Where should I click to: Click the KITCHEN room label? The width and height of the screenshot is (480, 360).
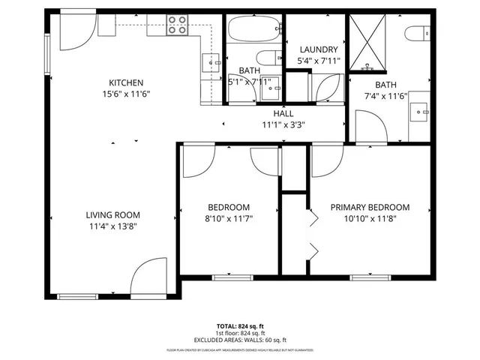pos(126,82)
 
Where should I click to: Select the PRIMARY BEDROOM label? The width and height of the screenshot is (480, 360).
pos(370,208)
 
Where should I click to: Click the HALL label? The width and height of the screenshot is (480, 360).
pos(283,113)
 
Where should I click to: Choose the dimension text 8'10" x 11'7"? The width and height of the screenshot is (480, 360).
pos(229,219)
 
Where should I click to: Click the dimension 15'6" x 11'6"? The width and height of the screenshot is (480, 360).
pos(126,94)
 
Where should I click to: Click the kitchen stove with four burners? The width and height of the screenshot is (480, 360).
pos(178,25)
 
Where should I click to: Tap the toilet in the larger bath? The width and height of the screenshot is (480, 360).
pos(416,33)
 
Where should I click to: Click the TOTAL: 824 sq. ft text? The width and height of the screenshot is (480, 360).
pos(240,326)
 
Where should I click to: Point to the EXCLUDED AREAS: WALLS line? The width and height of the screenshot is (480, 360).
pos(240,340)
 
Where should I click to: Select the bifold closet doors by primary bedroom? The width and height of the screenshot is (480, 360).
pos(313,232)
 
